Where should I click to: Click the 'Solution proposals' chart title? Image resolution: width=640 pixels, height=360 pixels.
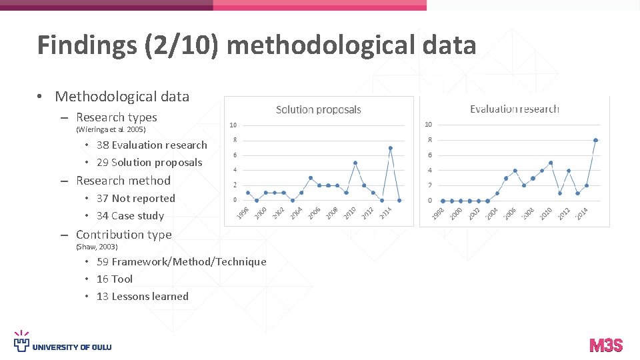pyautogui.click(x=318, y=109)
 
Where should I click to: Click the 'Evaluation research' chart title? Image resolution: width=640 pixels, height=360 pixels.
pyautogui.click(x=514, y=109)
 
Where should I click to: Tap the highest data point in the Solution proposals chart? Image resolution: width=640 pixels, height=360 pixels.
pyautogui.click(x=391, y=148)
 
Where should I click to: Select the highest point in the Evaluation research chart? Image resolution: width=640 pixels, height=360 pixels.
pyautogui.click(x=595, y=140)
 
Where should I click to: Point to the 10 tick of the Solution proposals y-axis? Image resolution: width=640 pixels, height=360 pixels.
pyautogui.click(x=233, y=125)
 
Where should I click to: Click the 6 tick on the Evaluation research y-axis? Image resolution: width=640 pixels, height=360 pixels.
pyautogui.click(x=430, y=155)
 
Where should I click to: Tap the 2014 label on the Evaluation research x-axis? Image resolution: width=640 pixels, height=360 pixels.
pyautogui.click(x=582, y=214)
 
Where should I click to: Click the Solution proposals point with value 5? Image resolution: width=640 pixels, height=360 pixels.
pyautogui.click(x=355, y=163)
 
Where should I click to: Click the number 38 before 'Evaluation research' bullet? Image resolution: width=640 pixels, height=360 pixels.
pyautogui.click(x=103, y=145)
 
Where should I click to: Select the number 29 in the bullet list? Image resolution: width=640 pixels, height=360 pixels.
pyautogui.click(x=103, y=162)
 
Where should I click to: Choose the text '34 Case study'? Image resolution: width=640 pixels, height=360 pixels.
pyautogui.click(x=130, y=215)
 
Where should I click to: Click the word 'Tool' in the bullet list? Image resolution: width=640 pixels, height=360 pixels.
pyautogui.click(x=122, y=279)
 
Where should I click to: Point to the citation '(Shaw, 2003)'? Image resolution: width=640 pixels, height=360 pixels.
pyautogui.click(x=97, y=247)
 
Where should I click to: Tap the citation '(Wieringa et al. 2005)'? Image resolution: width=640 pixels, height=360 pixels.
pyautogui.click(x=111, y=129)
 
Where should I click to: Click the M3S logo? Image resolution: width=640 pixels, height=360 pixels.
pyautogui.click(x=606, y=345)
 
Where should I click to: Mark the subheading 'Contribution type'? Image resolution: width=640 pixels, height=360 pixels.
pyautogui.click(x=123, y=234)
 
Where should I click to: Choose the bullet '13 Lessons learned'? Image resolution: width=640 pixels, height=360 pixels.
pyautogui.click(x=143, y=296)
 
